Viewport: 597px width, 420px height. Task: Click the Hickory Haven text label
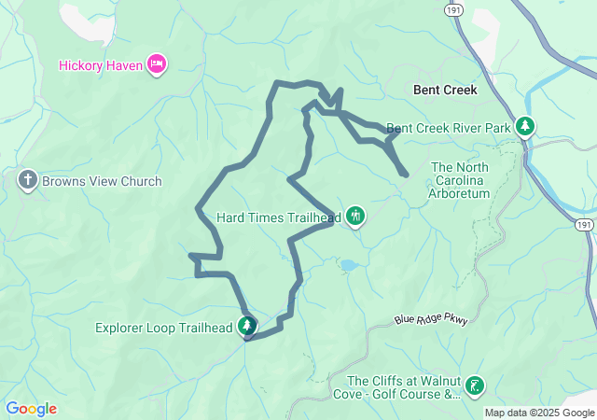pyautogui.click(x=98, y=64)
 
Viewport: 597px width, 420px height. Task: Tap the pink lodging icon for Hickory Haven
pyautogui.click(x=157, y=64)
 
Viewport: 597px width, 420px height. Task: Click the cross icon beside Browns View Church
pyautogui.click(x=28, y=181)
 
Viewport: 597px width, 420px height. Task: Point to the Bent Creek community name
pyautogui.click(x=445, y=91)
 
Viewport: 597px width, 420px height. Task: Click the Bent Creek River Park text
pyautogui.click(x=448, y=127)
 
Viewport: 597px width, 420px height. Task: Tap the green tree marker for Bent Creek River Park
pyautogui.click(x=525, y=126)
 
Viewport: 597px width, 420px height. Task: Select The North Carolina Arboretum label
pyautogui.click(x=459, y=180)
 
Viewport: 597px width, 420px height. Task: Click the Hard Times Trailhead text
pyautogui.click(x=277, y=217)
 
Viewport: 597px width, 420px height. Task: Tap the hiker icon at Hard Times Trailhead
pyautogui.click(x=354, y=217)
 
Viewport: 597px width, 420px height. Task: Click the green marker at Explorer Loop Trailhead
pyautogui.click(x=247, y=326)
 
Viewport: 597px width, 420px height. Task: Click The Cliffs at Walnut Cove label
pyautogui.click(x=404, y=387)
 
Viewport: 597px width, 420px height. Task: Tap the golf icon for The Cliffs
pyautogui.click(x=476, y=385)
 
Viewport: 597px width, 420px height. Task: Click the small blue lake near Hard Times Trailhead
pyautogui.click(x=348, y=266)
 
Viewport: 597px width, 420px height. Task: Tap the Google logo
pyautogui.click(x=31, y=409)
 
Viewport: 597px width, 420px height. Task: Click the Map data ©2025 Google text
pyautogui.click(x=538, y=413)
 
